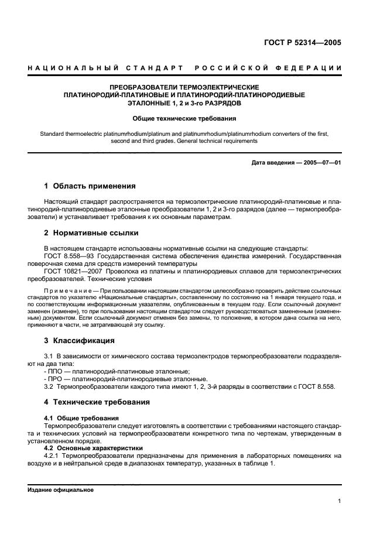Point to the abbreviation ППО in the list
point(56,371)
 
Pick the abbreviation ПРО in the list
point(56,379)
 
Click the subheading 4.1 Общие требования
point(81,417)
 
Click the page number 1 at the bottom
point(340,501)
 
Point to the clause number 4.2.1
point(53,455)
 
